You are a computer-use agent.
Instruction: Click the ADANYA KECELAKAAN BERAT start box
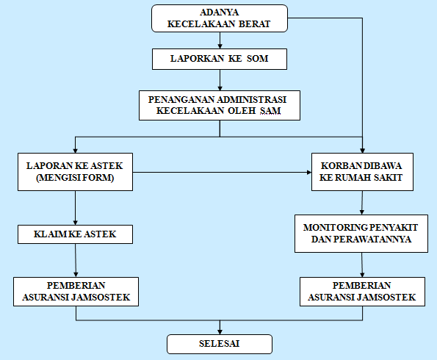point(219,18)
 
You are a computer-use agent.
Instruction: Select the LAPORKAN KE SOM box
point(219,59)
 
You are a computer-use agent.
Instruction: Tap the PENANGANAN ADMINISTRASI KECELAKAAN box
point(219,105)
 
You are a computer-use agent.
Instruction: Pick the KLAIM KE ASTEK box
point(76,235)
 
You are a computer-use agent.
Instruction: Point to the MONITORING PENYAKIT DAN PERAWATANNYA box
point(361,233)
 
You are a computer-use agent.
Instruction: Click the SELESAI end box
point(219,343)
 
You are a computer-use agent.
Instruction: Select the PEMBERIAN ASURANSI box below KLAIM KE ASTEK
point(76,291)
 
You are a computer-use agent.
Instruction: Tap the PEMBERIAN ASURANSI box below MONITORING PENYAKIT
point(361,291)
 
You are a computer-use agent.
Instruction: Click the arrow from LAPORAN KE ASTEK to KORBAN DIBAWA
point(220,173)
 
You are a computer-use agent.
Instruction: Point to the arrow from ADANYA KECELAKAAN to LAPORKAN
point(219,41)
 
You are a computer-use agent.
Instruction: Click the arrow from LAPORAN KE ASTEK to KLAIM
point(76,209)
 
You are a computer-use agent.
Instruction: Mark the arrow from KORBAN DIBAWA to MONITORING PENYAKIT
point(361,203)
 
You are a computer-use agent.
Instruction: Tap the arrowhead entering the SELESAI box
point(219,331)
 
